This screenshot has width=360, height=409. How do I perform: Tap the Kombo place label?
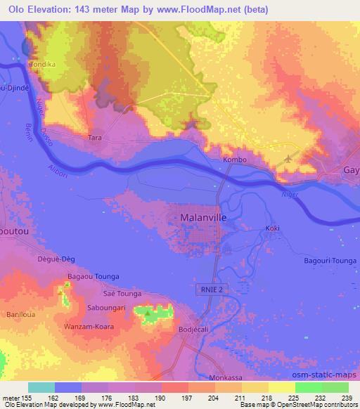click(x=235, y=160)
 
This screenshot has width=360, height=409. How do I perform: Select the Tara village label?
click(x=95, y=138)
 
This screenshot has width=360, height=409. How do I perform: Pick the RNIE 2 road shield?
click(x=207, y=289)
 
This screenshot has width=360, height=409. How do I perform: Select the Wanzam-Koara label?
click(x=101, y=325)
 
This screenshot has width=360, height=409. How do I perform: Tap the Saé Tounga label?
click(x=122, y=293)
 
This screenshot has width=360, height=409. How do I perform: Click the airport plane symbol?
click(x=288, y=160)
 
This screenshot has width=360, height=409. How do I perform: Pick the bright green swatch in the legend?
click(x=309, y=387)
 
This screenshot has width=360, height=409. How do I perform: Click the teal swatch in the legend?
click(x=41, y=387)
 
